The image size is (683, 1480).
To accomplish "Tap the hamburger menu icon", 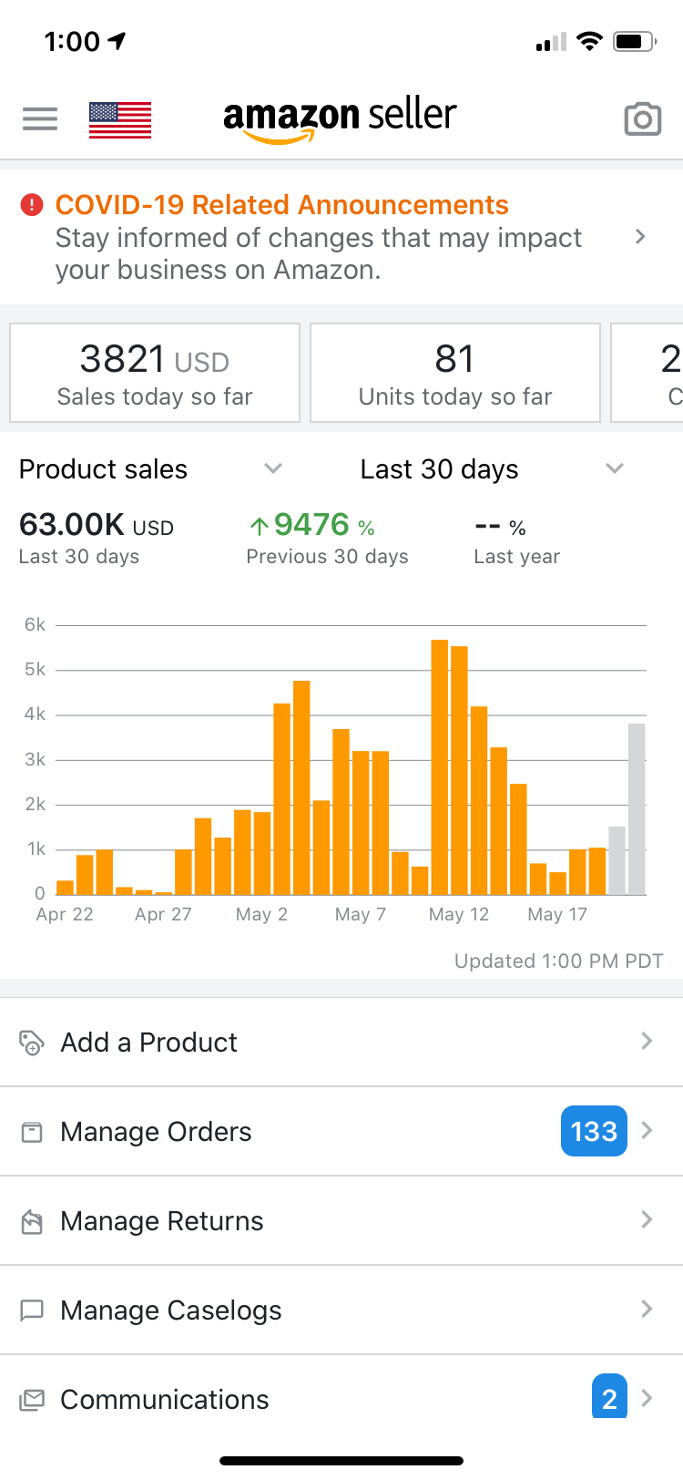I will (40, 118).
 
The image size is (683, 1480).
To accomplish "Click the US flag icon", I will (120, 120).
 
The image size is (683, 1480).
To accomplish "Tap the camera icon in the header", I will (642, 119).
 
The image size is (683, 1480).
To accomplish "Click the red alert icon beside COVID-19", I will (32, 205).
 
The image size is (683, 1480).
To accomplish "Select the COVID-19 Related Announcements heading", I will (281, 205).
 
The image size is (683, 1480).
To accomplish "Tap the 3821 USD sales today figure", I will (154, 359).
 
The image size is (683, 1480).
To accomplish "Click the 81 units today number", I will (454, 359).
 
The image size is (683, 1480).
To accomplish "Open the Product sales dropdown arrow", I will (273, 468).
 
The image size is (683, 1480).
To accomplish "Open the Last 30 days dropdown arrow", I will (615, 468).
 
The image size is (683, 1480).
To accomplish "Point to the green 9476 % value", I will (311, 525).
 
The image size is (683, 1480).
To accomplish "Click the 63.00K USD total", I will (96, 525).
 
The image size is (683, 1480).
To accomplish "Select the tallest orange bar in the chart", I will (440, 766).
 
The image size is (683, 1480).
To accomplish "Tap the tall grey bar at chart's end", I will (637, 808).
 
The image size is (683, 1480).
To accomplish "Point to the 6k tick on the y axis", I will (35, 625).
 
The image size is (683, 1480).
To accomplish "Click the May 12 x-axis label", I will (459, 914).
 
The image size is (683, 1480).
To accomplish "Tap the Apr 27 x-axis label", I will (163, 914).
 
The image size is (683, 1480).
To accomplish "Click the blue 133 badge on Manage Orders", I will (594, 1131).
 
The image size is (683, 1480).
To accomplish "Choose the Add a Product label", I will (148, 1042).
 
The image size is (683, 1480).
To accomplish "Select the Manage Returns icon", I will (32, 1221).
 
